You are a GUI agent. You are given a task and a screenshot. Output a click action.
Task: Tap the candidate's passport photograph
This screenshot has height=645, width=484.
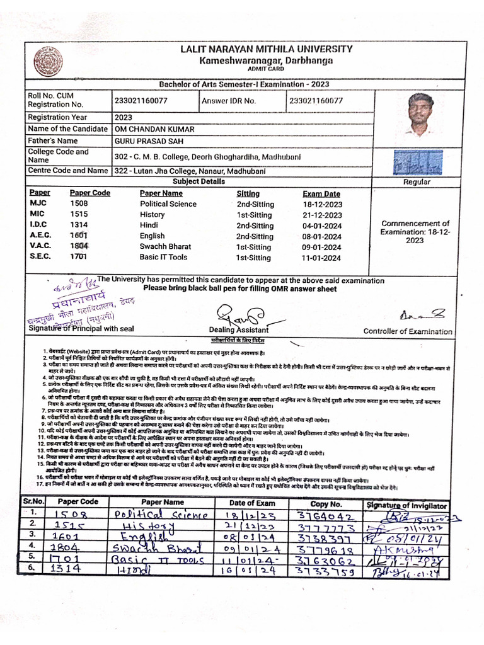tap(418, 115)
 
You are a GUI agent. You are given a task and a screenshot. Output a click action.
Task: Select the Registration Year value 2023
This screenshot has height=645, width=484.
tap(124, 117)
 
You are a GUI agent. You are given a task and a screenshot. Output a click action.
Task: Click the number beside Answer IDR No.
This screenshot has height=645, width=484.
tap(316, 101)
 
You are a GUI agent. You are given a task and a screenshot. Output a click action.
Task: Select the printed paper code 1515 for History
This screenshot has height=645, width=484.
tap(79, 215)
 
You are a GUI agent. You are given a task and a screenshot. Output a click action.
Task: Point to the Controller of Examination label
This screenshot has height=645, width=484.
tap(408, 331)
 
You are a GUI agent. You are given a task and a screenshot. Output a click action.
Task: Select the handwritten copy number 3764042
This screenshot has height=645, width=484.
tap(320, 517)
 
